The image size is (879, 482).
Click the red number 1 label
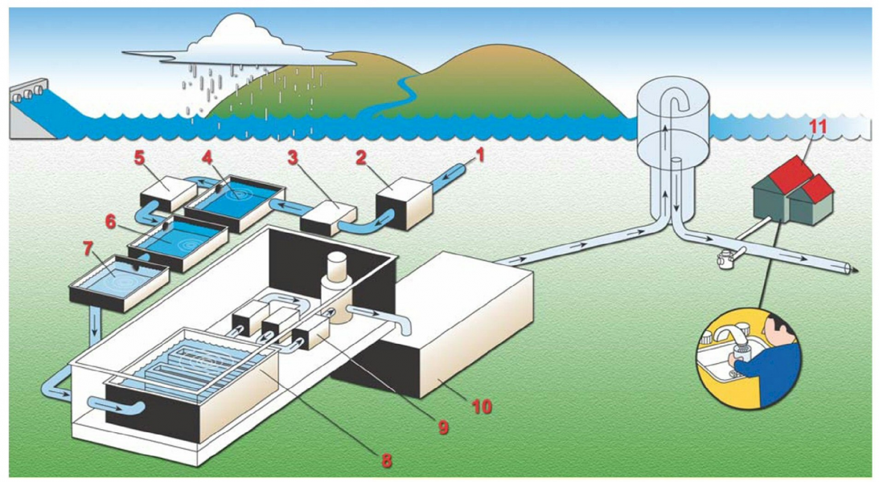pos(479,154)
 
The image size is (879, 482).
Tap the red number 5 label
pos(140,157)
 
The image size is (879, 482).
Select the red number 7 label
pos(88,248)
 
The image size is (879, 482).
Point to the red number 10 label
pos(482,406)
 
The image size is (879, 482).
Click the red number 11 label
pos(818,127)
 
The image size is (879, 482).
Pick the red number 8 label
pos(386,461)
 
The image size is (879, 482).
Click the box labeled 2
pos(403,202)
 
